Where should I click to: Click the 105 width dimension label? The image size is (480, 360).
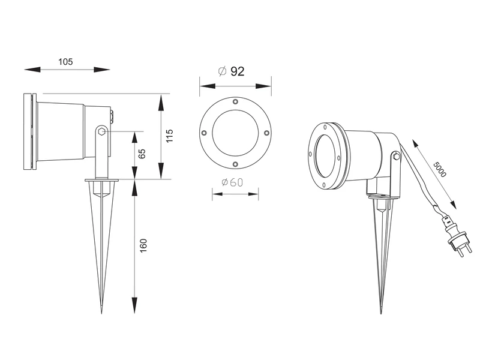tap(66, 62)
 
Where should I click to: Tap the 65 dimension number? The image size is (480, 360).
tap(142, 154)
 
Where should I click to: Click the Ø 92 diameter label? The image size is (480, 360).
tap(231, 71)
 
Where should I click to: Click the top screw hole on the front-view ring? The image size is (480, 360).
tap(235, 101)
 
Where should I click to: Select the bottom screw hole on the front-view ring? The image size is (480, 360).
tap(235, 163)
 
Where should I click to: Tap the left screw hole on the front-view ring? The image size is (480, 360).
tap(204, 133)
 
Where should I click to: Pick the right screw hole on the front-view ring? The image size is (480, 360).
tap(266, 133)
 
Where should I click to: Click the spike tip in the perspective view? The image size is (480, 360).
tap(382, 313)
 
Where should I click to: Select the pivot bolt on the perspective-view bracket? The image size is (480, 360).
tap(395, 157)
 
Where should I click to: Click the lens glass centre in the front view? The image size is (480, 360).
tap(235, 133)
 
